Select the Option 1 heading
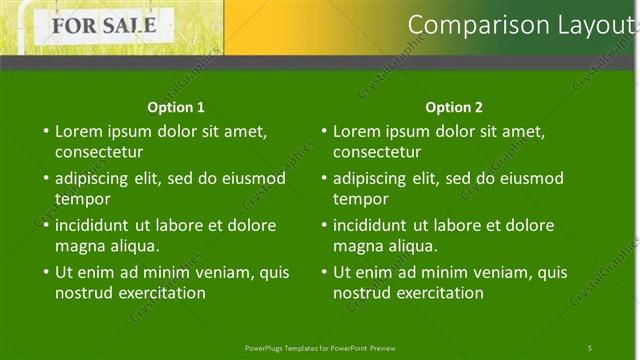tap(176, 107)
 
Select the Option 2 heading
tap(454, 107)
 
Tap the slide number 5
tap(590, 348)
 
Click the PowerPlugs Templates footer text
tap(320, 348)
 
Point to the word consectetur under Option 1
tap(98, 153)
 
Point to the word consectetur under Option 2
tap(376, 153)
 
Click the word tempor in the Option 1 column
tap(82, 199)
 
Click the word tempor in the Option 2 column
tap(360, 199)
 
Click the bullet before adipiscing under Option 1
tap(45, 178)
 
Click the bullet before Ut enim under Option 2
tap(323, 272)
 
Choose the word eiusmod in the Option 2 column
tap(531, 178)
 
